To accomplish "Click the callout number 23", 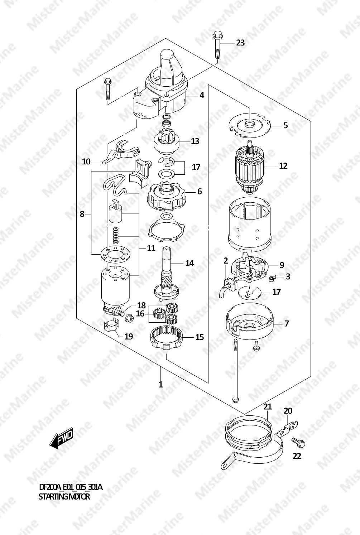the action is pyautogui.click(x=240, y=43).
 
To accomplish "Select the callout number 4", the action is pyautogui.click(x=202, y=95).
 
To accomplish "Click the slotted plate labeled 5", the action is pyautogui.click(x=249, y=125).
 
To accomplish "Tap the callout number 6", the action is pyautogui.click(x=200, y=191).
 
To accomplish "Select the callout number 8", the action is pyautogui.click(x=82, y=214).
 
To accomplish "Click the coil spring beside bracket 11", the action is pyautogui.click(x=116, y=235).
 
